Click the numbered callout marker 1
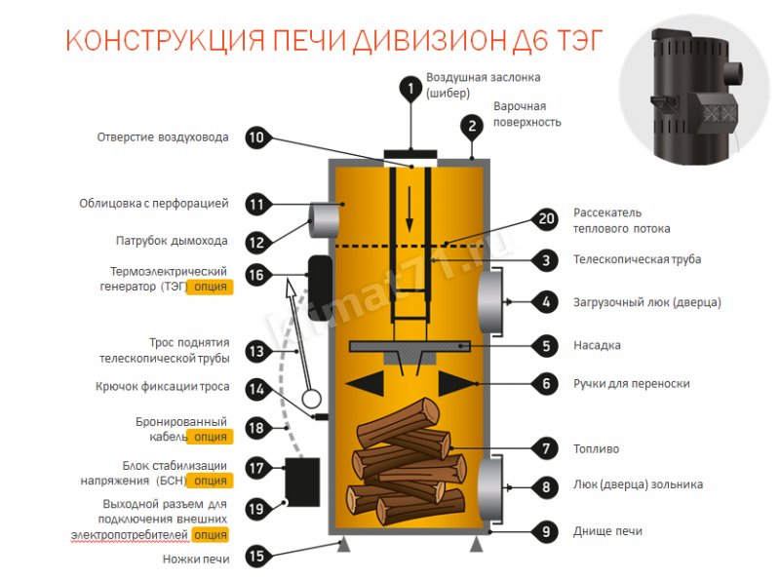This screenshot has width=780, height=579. (411, 89)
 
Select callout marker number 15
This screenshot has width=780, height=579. (255, 557)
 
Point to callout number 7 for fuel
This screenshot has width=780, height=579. (546, 449)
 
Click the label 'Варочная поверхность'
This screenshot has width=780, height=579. (526, 113)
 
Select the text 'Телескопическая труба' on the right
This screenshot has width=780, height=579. (637, 259)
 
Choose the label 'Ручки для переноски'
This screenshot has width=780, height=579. (631, 383)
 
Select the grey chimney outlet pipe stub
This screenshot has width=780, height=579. (324, 219)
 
